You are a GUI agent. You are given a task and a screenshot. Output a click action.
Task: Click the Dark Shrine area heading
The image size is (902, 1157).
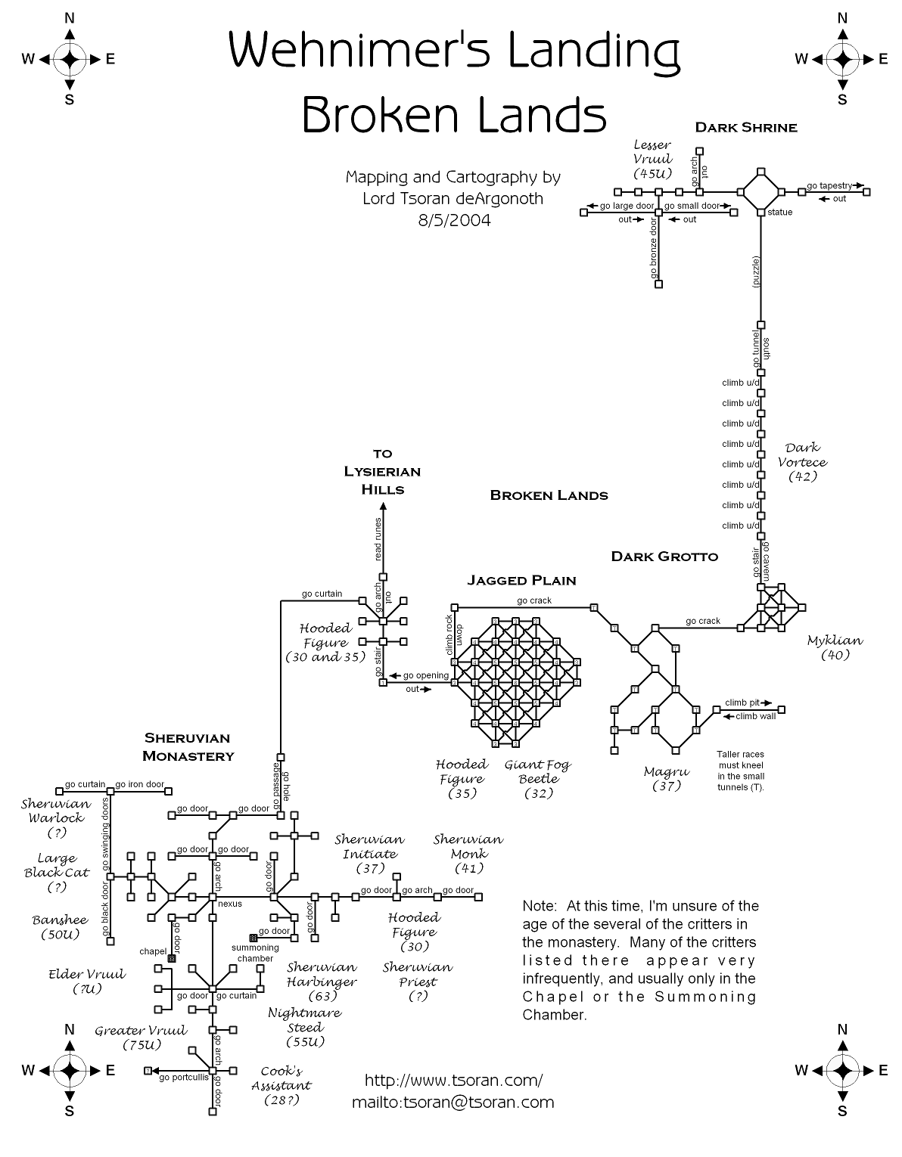pos(746,128)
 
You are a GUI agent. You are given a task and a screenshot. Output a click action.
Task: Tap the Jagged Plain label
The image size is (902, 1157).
pos(521,581)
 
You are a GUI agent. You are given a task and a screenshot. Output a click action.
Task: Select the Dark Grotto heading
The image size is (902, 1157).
pos(664,557)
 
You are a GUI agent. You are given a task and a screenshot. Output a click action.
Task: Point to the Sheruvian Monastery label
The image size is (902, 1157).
pos(188,746)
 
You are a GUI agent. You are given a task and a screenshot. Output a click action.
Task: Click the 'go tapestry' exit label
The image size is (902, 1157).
pos(829,185)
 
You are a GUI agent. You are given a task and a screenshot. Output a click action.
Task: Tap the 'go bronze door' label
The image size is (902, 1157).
pos(653,250)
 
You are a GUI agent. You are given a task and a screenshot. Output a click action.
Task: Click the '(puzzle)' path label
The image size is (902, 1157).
pos(755,272)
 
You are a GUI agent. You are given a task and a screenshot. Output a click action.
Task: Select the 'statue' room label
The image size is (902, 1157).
pos(779,212)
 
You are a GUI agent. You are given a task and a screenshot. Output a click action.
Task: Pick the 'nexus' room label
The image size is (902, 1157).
pos(230,904)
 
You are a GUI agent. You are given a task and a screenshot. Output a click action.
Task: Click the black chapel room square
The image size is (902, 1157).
pos(172,959)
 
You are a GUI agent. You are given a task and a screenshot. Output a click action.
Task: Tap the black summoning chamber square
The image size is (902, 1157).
pos(252,938)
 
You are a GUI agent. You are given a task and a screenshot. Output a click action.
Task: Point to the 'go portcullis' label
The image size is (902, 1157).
pos(183,1078)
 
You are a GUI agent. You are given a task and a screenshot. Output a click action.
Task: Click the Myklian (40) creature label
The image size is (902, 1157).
pos(835,647)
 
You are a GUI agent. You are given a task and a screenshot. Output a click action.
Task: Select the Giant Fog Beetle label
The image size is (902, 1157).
pos(538,778)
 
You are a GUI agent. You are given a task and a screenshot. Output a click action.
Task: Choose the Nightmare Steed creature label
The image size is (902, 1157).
pos(305,1027)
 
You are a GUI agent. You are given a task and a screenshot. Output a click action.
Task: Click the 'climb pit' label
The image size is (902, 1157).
pos(742,703)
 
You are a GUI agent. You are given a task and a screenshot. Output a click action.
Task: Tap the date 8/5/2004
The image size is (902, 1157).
pos(453,221)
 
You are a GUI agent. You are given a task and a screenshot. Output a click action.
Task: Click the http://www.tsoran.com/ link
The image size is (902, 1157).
pos(453,1080)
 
